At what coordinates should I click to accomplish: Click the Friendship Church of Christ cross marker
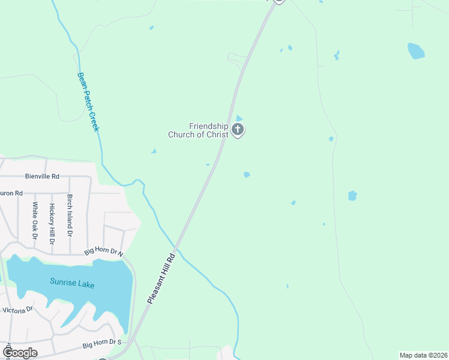238,130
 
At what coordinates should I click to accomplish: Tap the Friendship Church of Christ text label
209,130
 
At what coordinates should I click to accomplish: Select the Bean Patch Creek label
88,102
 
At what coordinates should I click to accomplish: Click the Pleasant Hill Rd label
161,278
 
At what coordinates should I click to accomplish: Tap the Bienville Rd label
42,176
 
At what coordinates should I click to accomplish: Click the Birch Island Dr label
70,215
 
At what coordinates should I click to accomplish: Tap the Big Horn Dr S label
101,345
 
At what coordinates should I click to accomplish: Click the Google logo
20,352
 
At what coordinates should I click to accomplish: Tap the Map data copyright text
423,355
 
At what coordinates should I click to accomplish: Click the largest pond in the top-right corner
416,51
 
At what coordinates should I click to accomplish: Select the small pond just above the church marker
239,118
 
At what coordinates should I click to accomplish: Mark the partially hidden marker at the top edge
278,2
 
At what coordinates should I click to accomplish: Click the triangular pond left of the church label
154,151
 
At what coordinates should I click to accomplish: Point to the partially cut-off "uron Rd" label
11,193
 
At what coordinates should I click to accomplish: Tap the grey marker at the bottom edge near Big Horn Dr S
103,358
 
